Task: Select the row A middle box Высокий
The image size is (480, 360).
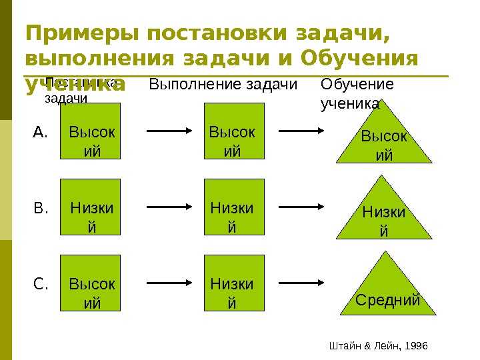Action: [232, 132]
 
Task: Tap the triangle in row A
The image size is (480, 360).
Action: [385, 141]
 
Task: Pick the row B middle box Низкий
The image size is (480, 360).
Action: [232, 207]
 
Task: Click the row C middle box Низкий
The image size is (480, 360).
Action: [232, 284]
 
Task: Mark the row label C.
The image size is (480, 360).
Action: [41, 285]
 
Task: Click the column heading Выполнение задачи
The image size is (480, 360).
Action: [223, 84]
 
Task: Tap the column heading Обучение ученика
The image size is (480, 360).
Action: [357, 93]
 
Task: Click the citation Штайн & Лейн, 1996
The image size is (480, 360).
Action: [378, 345]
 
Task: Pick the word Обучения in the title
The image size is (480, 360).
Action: [359, 59]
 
